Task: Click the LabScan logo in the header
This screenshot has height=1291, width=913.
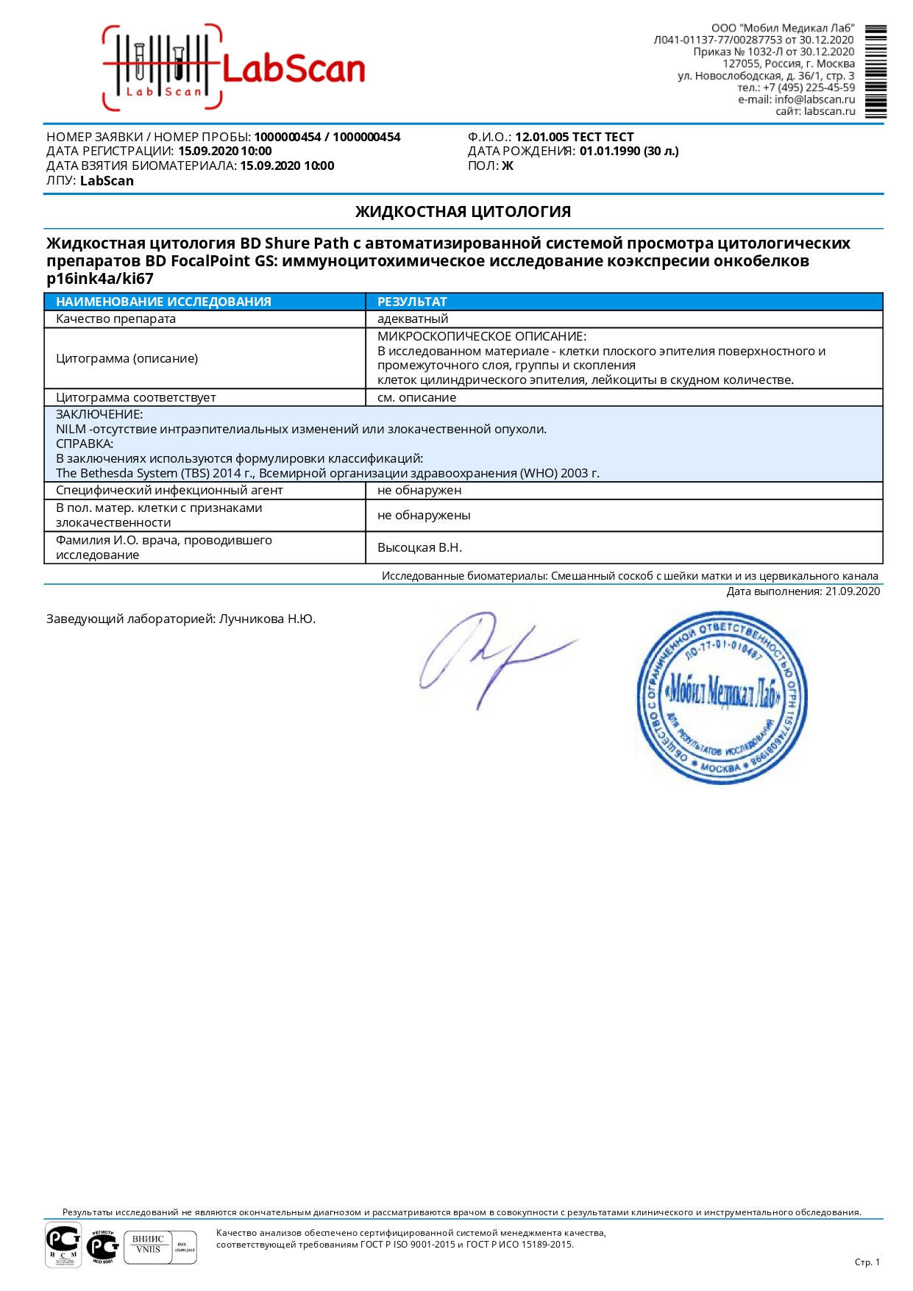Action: coord(234,68)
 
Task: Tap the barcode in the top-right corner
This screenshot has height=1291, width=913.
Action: coord(875,71)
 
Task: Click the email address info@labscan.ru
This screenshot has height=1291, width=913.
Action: coord(814,99)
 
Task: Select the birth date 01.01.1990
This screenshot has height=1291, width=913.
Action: coord(610,152)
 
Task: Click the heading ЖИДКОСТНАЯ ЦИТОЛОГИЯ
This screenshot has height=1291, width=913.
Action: coord(463,212)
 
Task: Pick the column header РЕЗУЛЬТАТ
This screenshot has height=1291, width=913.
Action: coord(412,302)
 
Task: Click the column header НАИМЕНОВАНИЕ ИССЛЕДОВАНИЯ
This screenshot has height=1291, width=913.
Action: coord(163,302)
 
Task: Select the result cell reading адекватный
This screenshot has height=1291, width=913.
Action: coord(413,319)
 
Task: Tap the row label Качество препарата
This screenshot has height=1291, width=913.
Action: coord(116,319)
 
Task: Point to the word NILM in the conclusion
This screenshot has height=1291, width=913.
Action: coord(71,430)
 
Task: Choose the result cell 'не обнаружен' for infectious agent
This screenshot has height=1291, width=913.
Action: coord(419,491)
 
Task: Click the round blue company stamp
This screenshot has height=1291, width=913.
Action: coord(721,697)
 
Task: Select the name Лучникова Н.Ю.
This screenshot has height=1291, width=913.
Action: coord(267,619)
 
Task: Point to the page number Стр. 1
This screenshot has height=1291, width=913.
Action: coord(867,1262)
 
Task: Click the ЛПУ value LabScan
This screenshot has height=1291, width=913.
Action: coord(107,181)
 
